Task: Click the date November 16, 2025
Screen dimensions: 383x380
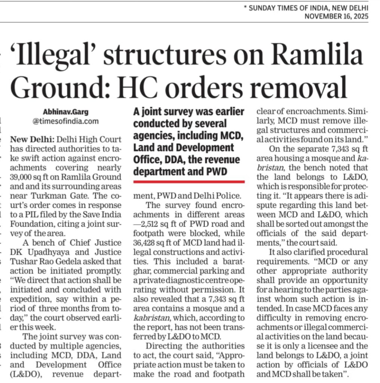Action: [336, 16]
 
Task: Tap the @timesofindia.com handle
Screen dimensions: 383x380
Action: [66, 121]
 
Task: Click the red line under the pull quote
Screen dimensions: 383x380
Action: [189, 182]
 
